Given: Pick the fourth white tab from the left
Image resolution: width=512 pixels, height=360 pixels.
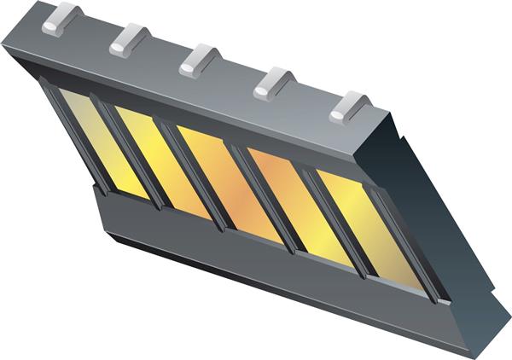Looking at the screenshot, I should tap(274, 84).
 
